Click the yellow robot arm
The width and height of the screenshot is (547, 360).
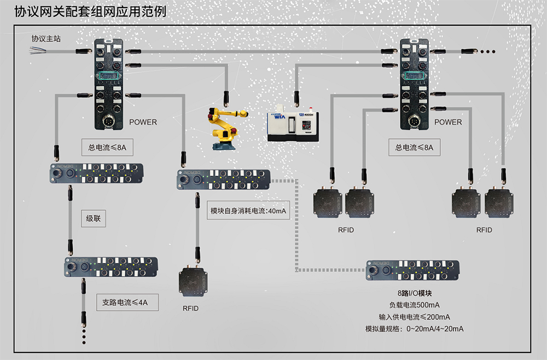click(224, 129)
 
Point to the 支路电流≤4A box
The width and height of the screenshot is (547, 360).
click(126, 301)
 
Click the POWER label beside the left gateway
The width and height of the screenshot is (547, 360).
click(143, 122)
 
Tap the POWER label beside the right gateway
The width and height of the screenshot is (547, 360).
click(448, 122)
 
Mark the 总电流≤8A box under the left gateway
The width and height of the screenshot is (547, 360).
click(107, 147)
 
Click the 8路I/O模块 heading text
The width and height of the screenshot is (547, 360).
click(414, 293)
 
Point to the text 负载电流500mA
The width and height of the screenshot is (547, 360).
click(414, 305)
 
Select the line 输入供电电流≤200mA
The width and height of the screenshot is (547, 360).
click(414, 317)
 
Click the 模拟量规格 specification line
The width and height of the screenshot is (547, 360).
click(414, 329)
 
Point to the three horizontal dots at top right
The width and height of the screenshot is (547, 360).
click(487, 51)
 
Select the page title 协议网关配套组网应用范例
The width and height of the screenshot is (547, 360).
click(90, 11)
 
